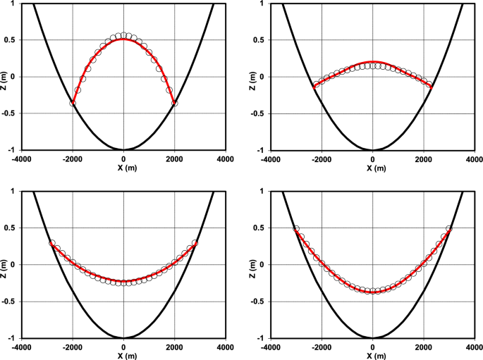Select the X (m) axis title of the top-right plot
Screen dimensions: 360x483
[x=373, y=168]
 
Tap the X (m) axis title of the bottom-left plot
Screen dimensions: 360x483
[x=123, y=356]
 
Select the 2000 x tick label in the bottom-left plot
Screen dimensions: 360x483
[x=174, y=347]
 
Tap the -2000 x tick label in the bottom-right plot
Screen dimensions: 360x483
[x=322, y=347]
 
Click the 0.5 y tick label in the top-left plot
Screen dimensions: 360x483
[x=13, y=39]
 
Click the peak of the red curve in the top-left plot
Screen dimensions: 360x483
[x=123, y=39]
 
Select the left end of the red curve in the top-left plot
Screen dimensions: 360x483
[x=73, y=104]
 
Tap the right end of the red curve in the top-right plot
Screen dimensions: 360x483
[x=430, y=86]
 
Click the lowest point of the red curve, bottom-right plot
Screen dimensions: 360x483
[x=373, y=291]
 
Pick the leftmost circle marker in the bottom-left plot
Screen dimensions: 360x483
[x=52, y=243]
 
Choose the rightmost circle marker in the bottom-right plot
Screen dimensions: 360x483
[x=449, y=229]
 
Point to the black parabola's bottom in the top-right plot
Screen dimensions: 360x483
[x=373, y=149]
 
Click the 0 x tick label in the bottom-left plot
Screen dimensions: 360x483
[x=123, y=347]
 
